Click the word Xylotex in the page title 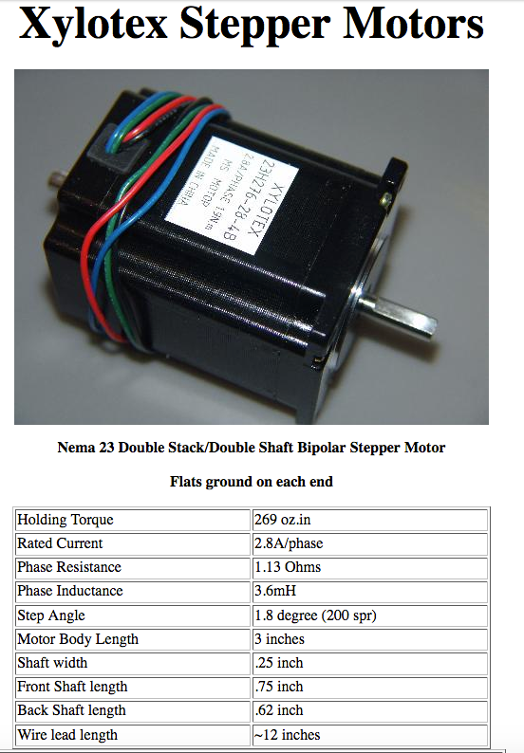coord(93,24)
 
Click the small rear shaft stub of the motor coord(58,180)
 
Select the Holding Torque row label coord(65,520)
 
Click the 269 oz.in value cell coord(370,520)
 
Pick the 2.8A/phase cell coord(370,543)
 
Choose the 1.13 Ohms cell coord(370,567)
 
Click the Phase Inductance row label coord(70,591)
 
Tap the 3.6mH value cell coord(370,591)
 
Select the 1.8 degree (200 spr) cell coord(370,615)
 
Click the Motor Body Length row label coord(78,639)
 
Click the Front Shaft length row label coord(72,687)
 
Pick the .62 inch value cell coord(370,710)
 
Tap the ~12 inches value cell coord(370,735)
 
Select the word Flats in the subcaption coord(185,482)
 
